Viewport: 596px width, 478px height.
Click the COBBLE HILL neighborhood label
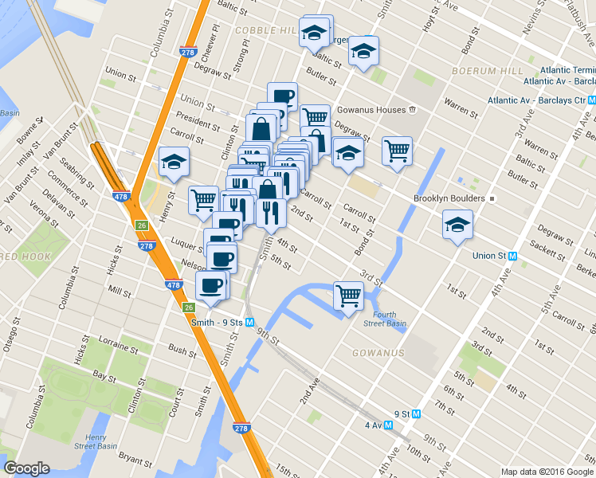266,29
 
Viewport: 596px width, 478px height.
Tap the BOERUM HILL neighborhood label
485,71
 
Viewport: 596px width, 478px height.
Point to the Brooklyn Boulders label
449,198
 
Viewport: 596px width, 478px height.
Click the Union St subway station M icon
512,257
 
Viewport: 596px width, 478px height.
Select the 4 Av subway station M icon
389,425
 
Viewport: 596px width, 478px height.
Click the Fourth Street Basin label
385,318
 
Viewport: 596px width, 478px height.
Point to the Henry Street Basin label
96,442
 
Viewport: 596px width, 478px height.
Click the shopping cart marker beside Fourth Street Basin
349,296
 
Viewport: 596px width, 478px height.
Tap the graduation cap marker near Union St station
457,225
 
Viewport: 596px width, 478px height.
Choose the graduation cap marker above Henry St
174,163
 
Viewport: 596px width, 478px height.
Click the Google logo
27,468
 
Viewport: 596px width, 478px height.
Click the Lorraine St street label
116,345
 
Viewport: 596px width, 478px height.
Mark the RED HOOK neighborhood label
24,257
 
